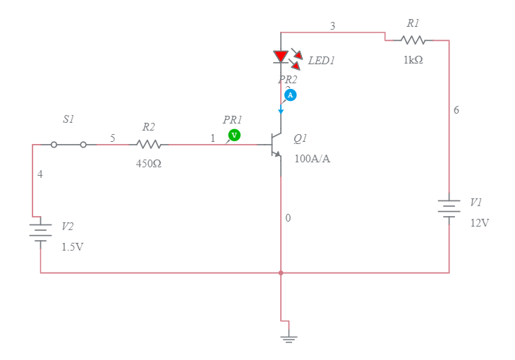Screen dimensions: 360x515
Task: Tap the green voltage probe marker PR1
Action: point(234,135)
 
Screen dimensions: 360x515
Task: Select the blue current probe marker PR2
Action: point(290,95)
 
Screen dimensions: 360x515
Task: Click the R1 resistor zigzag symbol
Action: point(413,40)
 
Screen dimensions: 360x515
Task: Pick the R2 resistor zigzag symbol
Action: point(149,145)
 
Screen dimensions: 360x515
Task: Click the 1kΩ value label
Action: point(413,61)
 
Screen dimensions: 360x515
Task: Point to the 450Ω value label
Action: point(149,164)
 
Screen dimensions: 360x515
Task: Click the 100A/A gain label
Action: point(312,159)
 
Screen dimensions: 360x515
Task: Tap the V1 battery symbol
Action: point(449,209)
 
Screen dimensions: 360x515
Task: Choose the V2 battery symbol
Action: point(40,232)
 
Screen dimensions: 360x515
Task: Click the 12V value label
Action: point(480,223)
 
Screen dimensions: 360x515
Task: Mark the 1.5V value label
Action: point(72,247)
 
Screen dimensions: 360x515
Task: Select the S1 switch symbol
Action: point(68,145)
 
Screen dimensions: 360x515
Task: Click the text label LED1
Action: point(321,61)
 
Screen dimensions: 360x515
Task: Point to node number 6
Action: point(456,110)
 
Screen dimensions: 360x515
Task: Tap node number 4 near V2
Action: point(40,174)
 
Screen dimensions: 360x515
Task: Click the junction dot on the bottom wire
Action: point(281,272)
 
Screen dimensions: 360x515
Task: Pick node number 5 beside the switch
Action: point(113,138)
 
